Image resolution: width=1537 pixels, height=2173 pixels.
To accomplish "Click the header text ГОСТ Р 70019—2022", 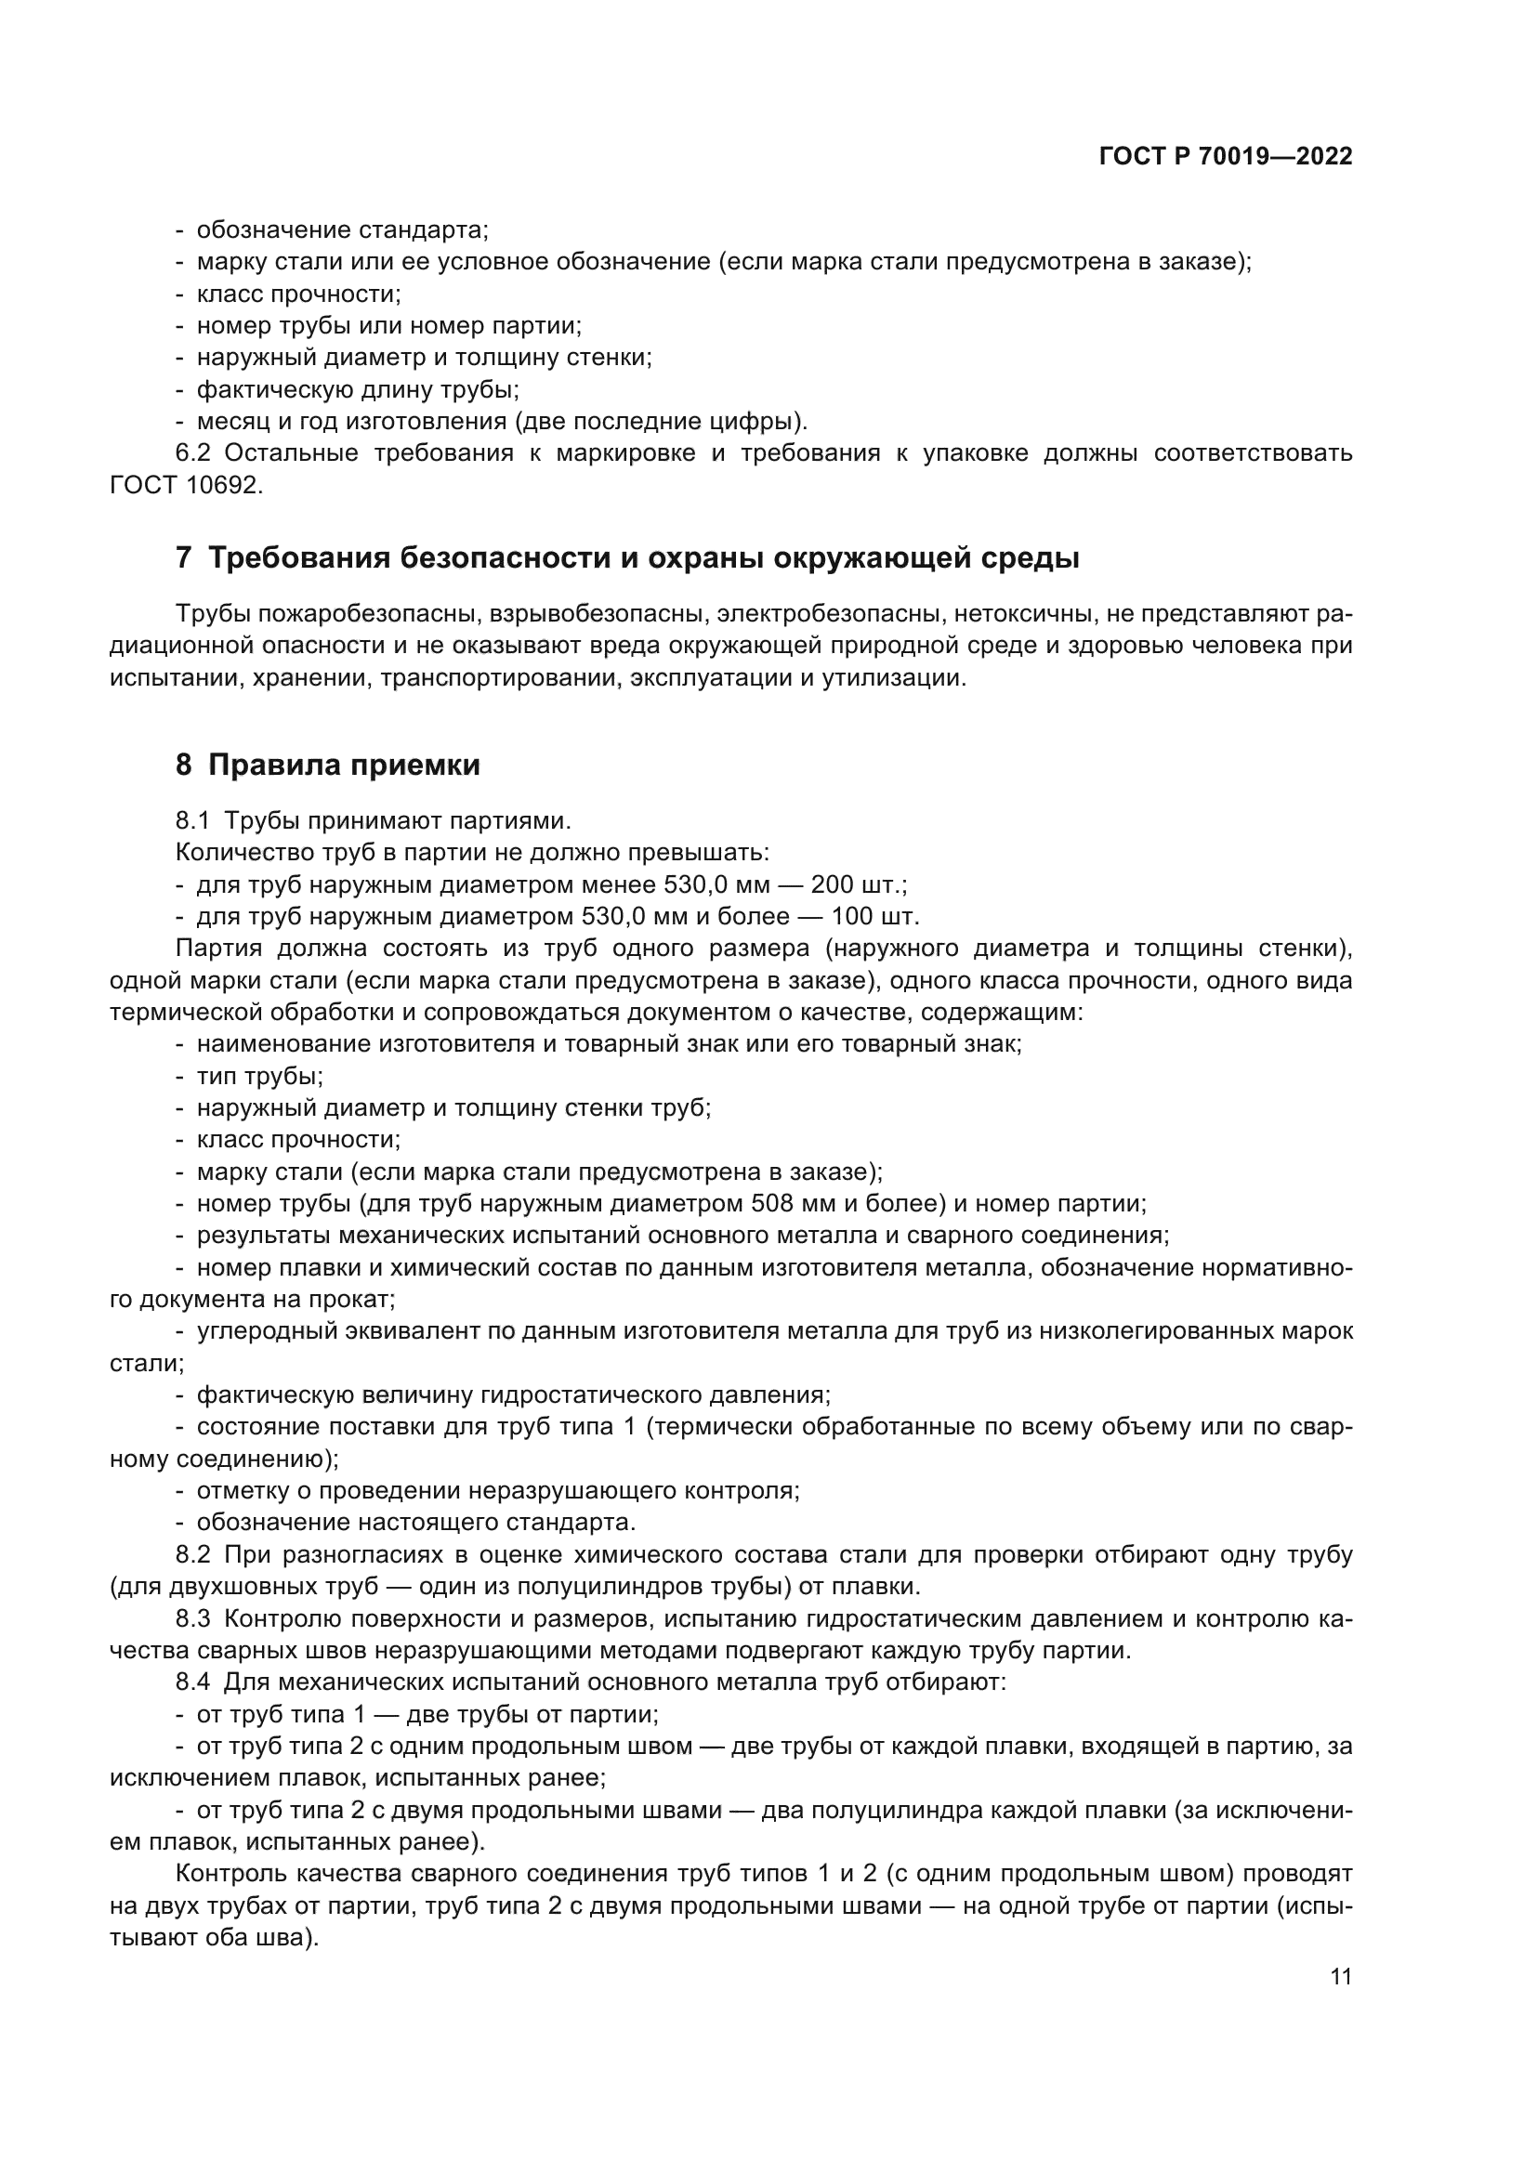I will pos(1226,157).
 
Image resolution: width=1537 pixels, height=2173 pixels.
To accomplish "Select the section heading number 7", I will pos(184,558).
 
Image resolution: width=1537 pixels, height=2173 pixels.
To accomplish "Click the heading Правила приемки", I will pos(344,765).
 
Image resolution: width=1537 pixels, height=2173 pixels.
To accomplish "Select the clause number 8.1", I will pos(192,819).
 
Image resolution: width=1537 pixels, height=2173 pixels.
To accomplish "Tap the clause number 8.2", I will pos(193,1555).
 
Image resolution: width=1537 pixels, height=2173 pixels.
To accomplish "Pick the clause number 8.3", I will pos(193,1618).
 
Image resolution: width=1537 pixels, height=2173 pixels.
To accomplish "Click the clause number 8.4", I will pos(193,1682).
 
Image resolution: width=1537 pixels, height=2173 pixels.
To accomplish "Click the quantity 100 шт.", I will pos(874,916).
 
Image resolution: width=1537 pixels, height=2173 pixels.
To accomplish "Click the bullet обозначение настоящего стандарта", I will pos(415,1523).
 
